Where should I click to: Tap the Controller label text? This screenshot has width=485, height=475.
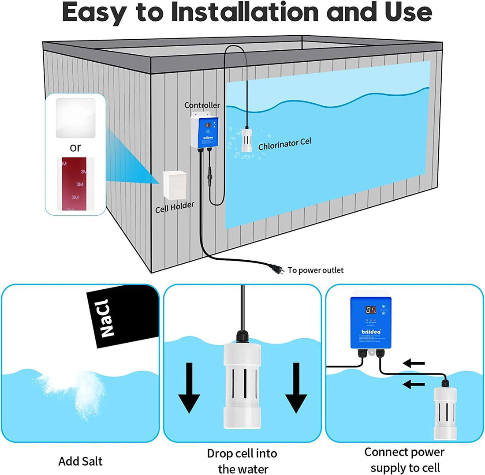pyautogui.click(x=201, y=105)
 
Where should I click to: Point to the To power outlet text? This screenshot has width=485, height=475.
pyautogui.click(x=315, y=270)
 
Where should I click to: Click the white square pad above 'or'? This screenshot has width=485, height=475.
pyautogui.click(x=75, y=118)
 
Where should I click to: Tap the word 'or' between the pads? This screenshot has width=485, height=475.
pyautogui.click(x=75, y=147)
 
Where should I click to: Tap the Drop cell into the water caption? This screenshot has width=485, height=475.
pyautogui.click(x=242, y=460)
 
